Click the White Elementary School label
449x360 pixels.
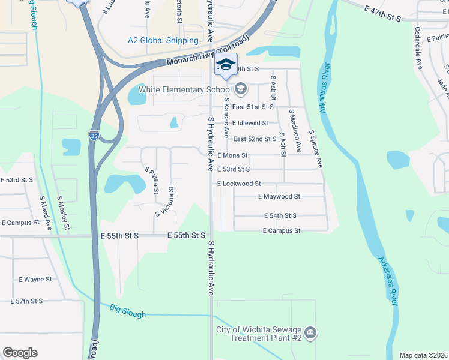coord(185,90)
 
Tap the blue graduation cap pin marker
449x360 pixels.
coord(226,65)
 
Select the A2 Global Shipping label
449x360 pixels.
coord(163,41)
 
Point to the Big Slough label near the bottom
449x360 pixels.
coord(128,310)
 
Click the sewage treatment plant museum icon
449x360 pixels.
coord(310,333)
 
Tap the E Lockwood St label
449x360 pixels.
coord(239,184)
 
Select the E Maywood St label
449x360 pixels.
coord(279,196)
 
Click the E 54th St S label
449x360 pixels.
coord(280,215)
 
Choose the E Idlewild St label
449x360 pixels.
coord(250,123)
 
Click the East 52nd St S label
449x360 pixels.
coord(255,139)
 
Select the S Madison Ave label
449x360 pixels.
coord(295,125)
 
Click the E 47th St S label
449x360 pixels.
coord(382,14)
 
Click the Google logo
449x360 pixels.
coord(20,353)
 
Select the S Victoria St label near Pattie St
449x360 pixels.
coord(166,201)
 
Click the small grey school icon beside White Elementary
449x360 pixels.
coord(241,90)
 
